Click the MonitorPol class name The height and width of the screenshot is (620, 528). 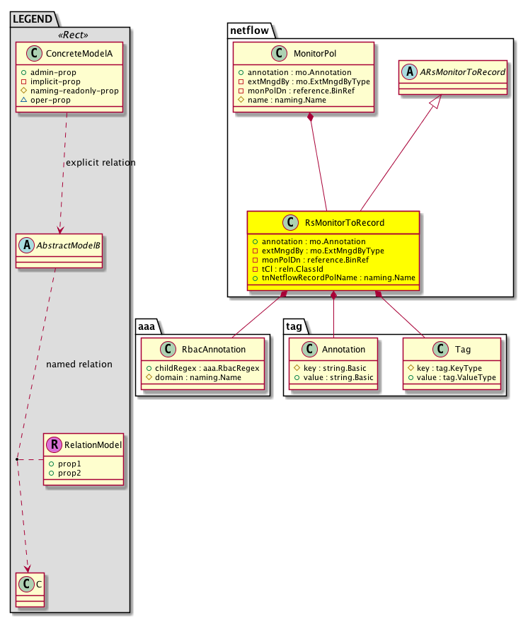tap(315, 54)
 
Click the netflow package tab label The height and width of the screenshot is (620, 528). tap(248, 29)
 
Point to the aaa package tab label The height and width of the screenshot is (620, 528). tap(147, 326)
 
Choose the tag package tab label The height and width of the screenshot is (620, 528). tap(294, 326)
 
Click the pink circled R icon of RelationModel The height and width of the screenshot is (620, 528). tap(56, 445)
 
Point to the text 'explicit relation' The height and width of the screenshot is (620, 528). tap(101, 163)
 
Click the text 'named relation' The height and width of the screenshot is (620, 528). tap(79, 364)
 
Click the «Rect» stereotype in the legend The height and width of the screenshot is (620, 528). tap(70, 35)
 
